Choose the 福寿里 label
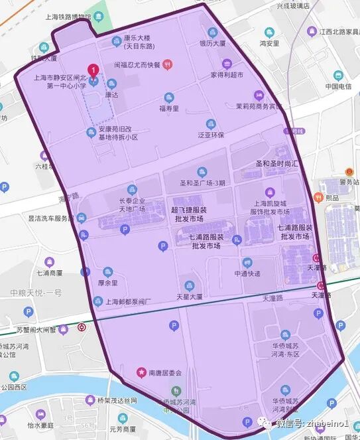coord(169,108)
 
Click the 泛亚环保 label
coord(211,135)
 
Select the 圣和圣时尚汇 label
coord(278,163)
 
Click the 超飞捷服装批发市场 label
coord(189,214)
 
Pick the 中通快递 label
coord(247,273)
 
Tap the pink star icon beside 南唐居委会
coord(141,372)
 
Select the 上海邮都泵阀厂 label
coord(129,301)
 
